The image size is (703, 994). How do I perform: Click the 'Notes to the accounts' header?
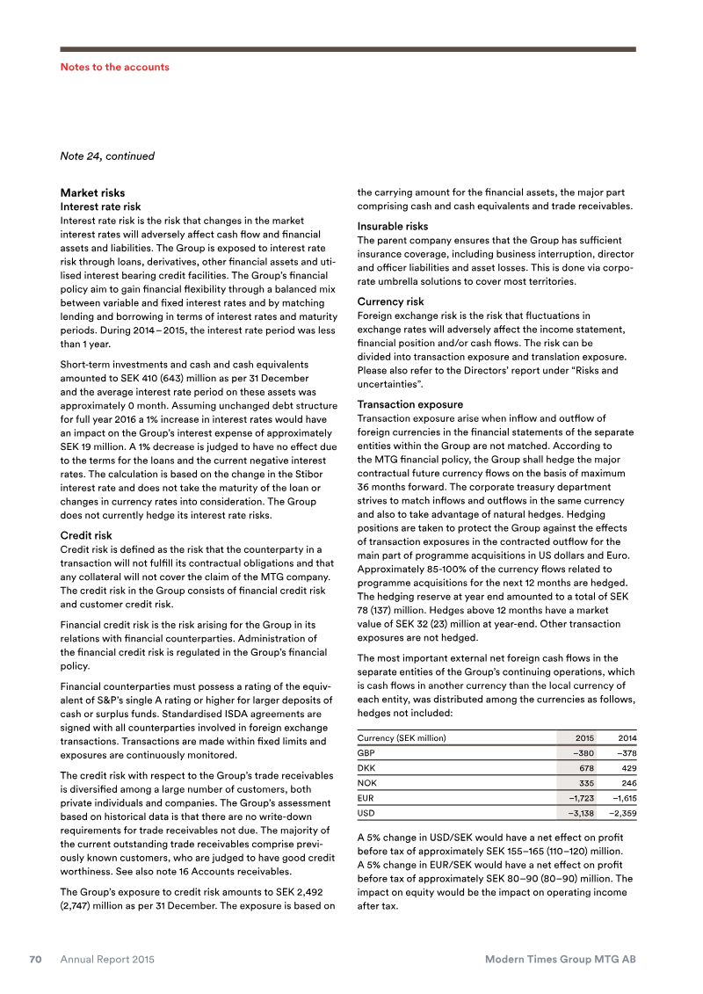114,67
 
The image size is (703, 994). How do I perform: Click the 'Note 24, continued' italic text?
106,156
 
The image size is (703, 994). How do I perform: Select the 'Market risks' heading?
92,192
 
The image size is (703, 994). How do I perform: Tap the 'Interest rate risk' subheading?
100,207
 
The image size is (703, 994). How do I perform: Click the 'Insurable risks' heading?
392,226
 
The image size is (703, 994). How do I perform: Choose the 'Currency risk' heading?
389,301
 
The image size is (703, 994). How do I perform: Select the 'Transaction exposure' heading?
409,404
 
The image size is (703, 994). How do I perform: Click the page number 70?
35,960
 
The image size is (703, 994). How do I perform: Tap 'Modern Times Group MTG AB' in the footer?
560,960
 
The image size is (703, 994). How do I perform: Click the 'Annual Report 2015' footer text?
107,960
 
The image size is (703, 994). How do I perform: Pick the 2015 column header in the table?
584,737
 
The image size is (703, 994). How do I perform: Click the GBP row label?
366,752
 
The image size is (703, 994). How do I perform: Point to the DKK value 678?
586,767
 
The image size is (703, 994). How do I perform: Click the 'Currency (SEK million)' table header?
402,737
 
